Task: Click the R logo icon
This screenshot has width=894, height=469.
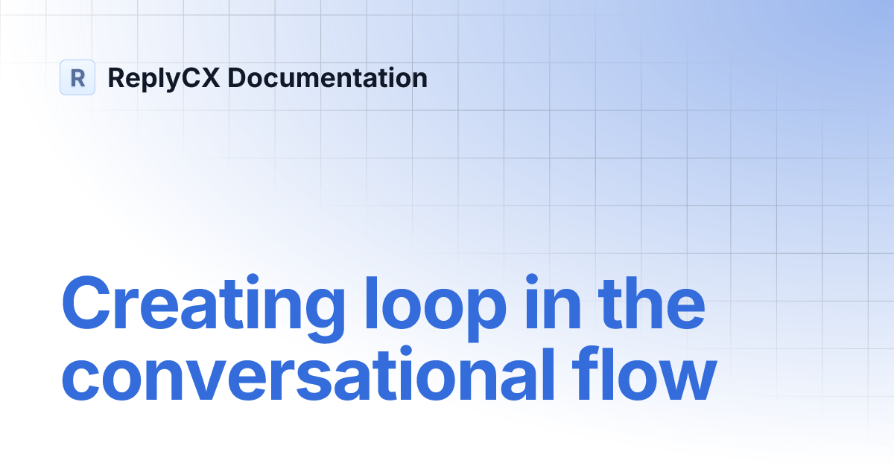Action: pos(77,77)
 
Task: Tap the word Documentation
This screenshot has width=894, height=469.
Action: pos(322,77)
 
